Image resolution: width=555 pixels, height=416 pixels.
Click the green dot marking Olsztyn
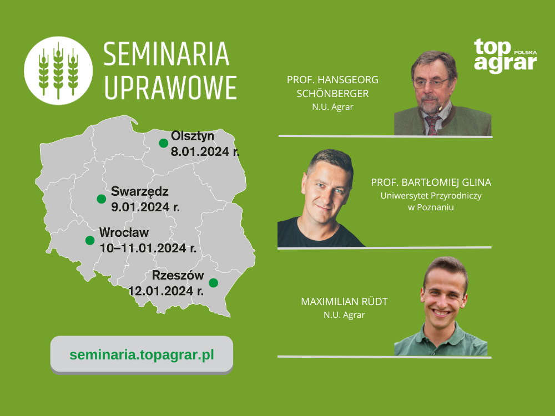(x=164, y=143)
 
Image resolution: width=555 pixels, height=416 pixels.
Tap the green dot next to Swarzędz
(x=101, y=199)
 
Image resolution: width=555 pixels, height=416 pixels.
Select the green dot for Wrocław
(x=90, y=240)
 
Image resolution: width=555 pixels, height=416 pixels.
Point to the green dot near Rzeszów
(x=213, y=283)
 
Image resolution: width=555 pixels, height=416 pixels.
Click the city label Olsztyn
(x=193, y=136)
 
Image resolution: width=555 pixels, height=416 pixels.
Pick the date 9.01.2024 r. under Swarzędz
(x=145, y=207)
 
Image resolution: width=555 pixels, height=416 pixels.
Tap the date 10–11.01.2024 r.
(x=148, y=248)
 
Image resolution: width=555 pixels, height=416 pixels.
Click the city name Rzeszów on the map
(x=178, y=275)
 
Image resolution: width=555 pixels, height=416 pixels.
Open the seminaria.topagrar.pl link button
(x=142, y=355)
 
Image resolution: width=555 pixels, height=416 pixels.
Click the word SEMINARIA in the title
(x=167, y=54)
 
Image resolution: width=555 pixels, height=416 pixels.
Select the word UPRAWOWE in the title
(x=170, y=88)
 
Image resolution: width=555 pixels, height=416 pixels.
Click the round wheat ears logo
(x=58, y=70)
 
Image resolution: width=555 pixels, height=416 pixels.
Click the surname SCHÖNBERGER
(x=332, y=93)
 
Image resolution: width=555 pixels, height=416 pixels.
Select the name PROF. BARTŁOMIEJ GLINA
(x=431, y=182)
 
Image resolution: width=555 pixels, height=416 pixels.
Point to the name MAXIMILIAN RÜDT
(x=344, y=301)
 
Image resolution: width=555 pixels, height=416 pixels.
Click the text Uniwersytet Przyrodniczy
(x=431, y=196)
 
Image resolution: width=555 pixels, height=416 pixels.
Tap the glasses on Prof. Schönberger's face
(x=431, y=84)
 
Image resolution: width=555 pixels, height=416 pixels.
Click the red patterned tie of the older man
(x=432, y=125)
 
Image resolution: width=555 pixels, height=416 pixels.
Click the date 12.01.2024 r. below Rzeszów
(x=165, y=291)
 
